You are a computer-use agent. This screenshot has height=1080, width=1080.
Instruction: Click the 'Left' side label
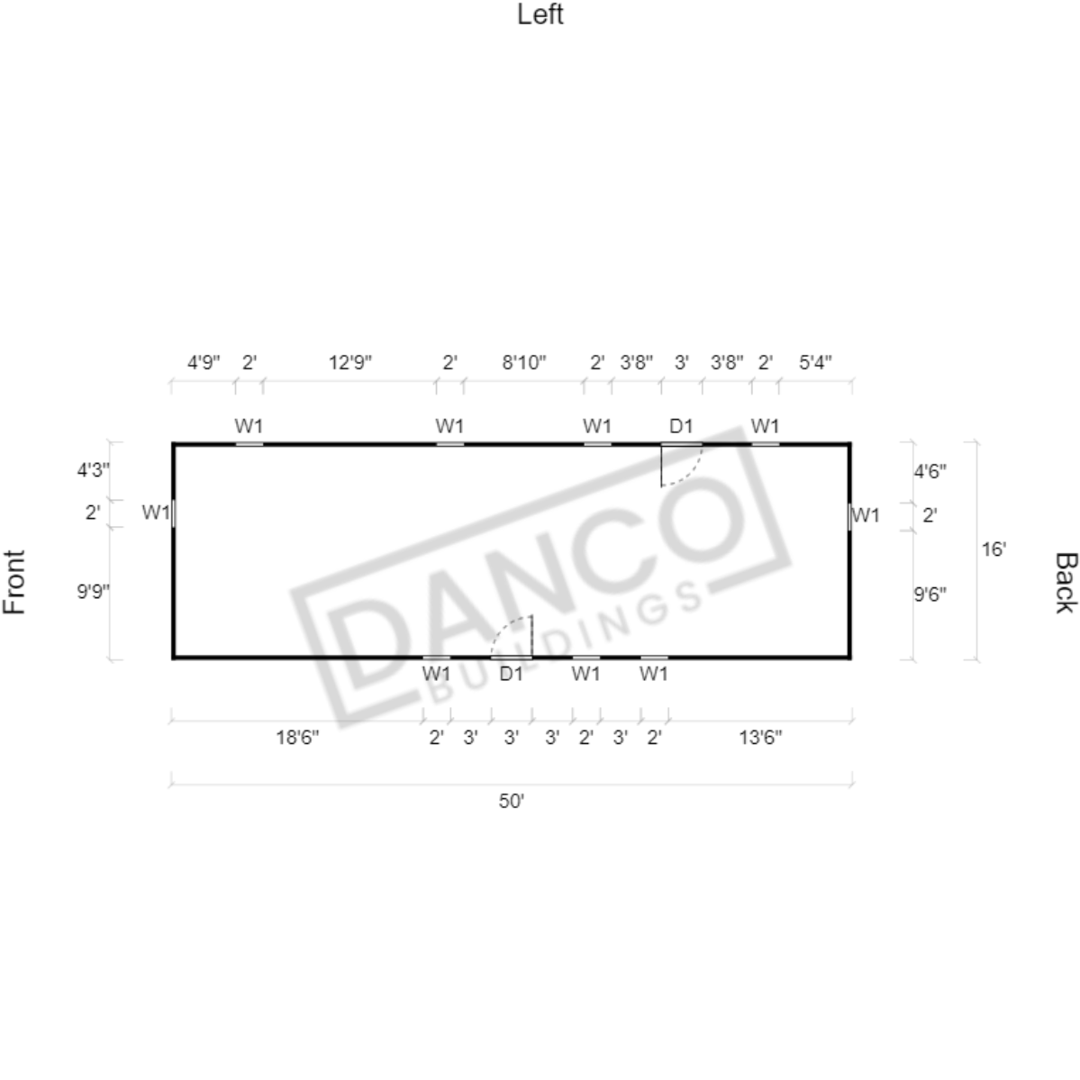540,14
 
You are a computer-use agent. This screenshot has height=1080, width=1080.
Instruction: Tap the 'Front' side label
14,582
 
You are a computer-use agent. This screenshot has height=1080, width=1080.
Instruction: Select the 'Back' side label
1065,582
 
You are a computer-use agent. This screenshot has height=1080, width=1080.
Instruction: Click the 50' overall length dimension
511,801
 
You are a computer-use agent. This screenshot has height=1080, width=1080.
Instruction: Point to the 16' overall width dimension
994,549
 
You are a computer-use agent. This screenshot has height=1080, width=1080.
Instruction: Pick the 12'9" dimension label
349,361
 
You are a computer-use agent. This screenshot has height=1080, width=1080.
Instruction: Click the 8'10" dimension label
523,361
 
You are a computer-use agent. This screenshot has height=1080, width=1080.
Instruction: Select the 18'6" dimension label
297,738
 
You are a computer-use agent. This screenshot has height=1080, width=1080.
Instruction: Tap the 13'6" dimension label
760,738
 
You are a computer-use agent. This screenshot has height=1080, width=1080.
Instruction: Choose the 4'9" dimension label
204,361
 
